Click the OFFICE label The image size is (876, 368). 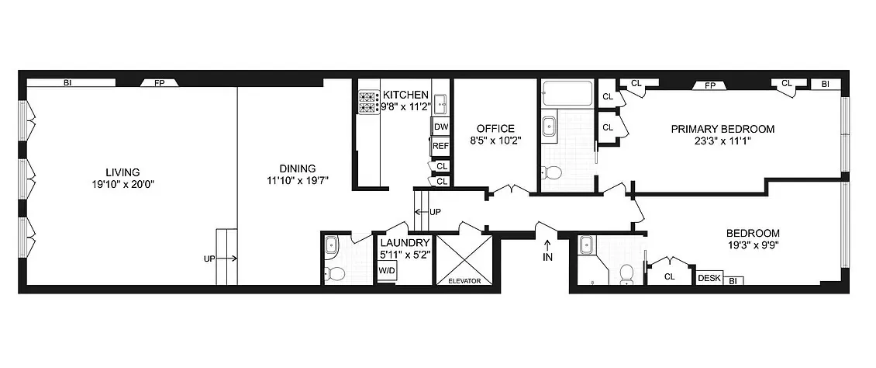click(495, 128)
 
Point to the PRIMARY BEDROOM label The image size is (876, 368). click(723, 129)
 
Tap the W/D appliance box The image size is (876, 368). click(386, 270)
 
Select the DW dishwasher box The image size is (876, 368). click(440, 127)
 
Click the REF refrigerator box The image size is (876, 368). click(440, 145)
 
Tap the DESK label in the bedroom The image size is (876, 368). click(709, 277)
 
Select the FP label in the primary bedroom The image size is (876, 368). click(709, 85)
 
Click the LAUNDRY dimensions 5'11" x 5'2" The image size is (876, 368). click(403, 254)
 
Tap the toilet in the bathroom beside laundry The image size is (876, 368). click(335, 273)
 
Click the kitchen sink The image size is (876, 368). click(440, 100)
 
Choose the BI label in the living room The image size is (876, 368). click(68, 82)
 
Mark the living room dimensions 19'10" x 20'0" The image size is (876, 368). click(123, 185)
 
